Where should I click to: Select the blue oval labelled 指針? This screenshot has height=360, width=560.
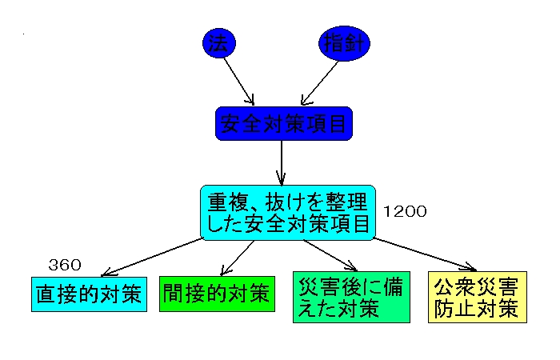coord(346,43)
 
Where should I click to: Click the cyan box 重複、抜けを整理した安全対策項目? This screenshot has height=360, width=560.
coord(288,212)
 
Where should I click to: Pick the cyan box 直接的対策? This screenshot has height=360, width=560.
coord(90,294)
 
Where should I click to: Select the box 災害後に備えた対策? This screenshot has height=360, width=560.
coord(351,297)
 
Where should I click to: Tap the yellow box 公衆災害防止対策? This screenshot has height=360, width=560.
coord(478,297)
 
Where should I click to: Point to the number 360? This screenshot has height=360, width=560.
coord(65,265)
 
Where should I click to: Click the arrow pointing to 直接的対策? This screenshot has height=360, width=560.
coord(152,258)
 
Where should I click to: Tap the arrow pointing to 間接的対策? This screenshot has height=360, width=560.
coord(236,258)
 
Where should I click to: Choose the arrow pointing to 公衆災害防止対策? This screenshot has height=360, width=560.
coord(424,253)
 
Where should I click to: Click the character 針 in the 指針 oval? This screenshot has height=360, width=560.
coord(356,43)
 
